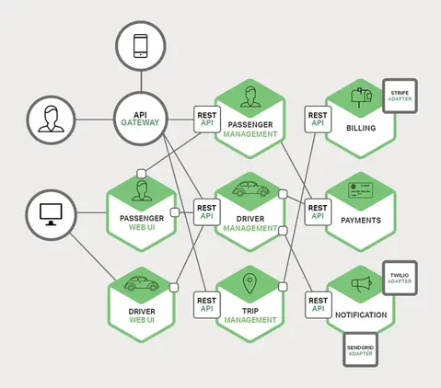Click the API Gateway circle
141,119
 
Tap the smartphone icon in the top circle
141,46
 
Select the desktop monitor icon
51,214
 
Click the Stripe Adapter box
400,96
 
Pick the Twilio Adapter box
400,278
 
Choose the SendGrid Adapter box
360,349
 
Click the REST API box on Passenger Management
207,120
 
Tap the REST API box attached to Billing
318,120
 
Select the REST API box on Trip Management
207,305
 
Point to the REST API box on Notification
319,305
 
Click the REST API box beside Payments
318,212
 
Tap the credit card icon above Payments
361,190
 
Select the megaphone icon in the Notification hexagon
361,283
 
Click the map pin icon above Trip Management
250,283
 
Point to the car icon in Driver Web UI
142,283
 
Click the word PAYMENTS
361,221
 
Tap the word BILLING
361,128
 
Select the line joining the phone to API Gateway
141,81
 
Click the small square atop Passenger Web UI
141,174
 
